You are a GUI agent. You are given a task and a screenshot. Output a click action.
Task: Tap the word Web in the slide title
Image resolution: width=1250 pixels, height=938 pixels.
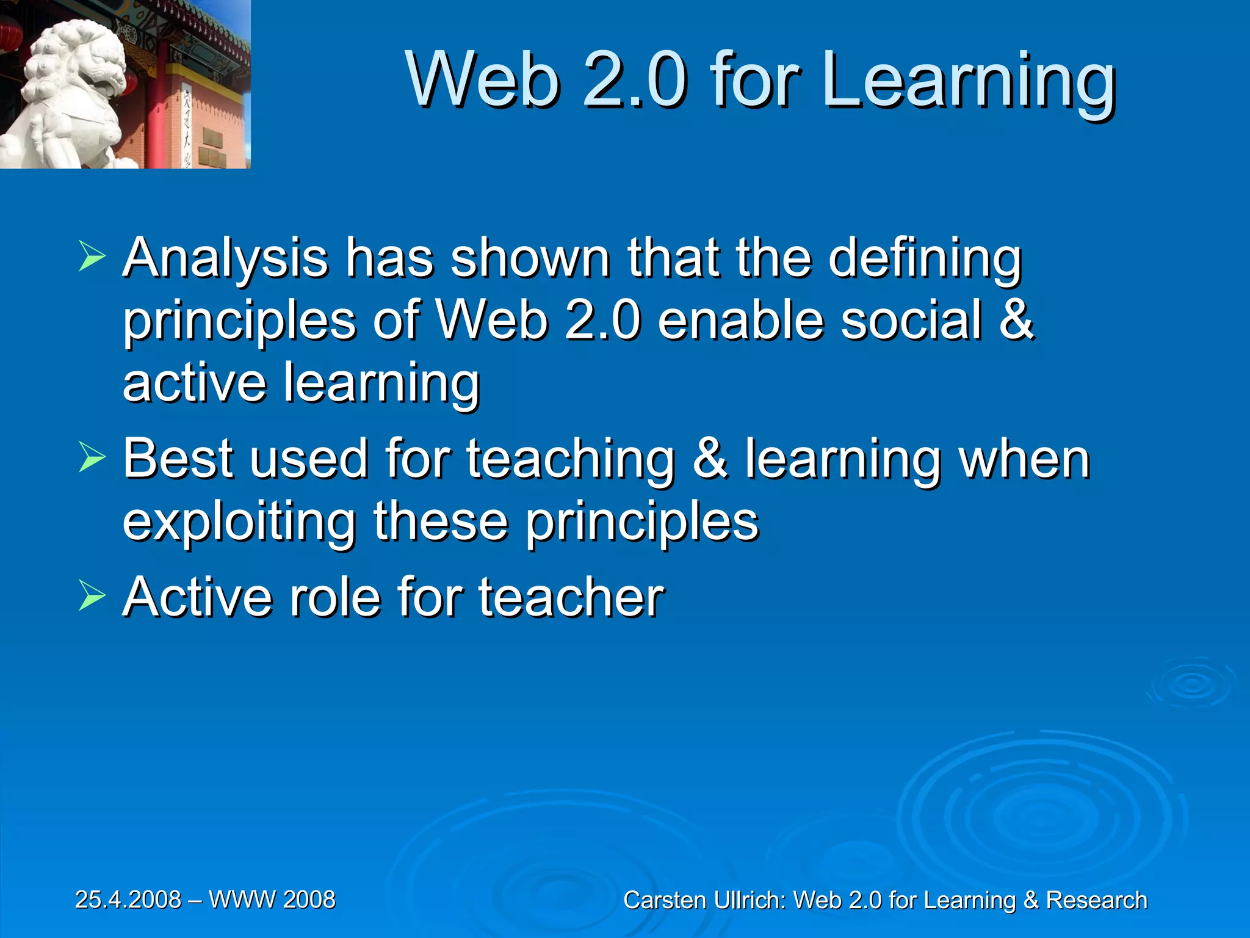[482, 81]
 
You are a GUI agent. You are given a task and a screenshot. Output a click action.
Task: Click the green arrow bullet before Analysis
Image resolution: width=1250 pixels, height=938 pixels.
[92, 256]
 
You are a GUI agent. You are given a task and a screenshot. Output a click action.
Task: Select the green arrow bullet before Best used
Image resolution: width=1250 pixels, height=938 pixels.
[92, 458]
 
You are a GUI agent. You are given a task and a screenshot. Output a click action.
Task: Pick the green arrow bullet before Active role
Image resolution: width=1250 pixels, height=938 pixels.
[92, 596]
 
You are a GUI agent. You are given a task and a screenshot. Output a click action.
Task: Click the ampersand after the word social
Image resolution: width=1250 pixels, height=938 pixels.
[1016, 320]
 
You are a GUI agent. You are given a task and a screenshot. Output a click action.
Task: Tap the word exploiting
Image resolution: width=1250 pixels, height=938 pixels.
[239, 522]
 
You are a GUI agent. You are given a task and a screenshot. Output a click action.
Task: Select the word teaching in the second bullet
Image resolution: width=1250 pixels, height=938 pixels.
[571, 459]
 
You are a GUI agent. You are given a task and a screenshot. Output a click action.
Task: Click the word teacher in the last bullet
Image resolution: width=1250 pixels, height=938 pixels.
[571, 597]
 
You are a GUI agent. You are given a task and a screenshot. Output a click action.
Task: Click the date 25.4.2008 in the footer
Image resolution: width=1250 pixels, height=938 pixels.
[128, 900]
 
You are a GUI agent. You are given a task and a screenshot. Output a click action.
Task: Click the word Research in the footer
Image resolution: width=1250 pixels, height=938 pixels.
[1096, 900]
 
